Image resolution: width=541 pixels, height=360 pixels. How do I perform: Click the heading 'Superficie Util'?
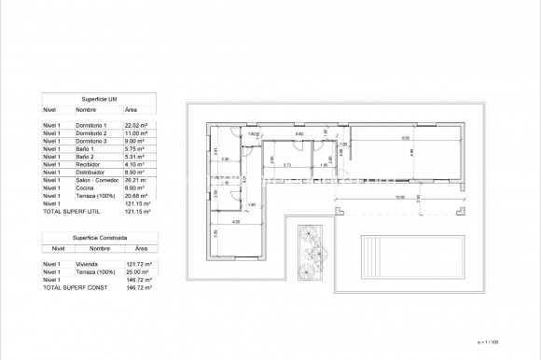98,98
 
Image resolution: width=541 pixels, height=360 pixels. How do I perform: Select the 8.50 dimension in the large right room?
406,138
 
